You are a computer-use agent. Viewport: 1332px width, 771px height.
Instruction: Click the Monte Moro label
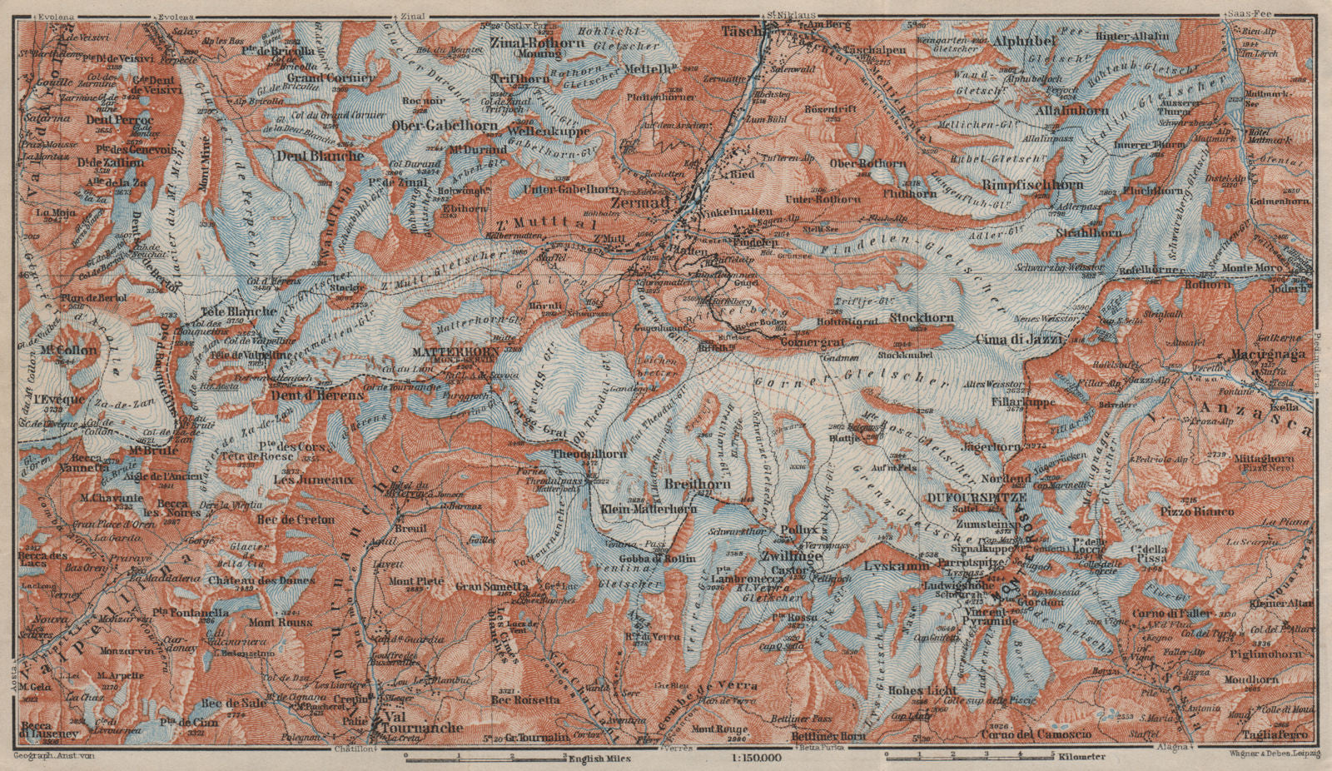click(1252, 267)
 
